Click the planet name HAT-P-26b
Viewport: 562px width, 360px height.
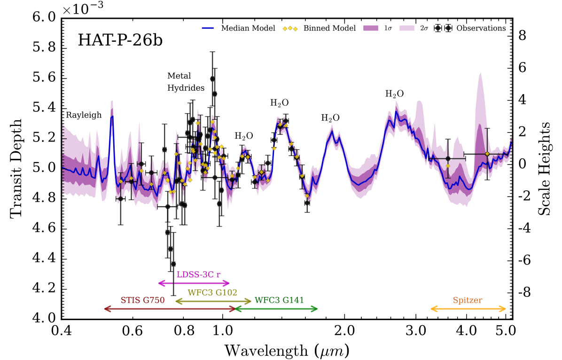click(121, 41)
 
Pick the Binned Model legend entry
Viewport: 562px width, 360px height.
click(322, 28)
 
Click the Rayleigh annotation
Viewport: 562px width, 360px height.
click(84, 115)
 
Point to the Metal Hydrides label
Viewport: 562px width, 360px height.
click(186, 81)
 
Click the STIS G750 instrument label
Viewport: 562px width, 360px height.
click(142, 300)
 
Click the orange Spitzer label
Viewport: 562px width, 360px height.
click(468, 300)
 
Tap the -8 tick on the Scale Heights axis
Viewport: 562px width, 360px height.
click(525, 292)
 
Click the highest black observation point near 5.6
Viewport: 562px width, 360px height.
click(212, 79)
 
